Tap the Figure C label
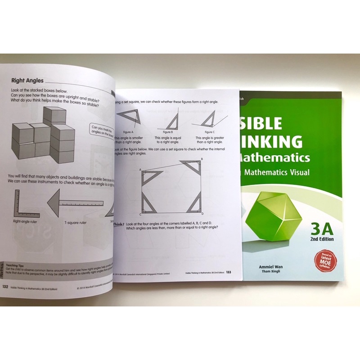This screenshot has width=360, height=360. pos(209,132)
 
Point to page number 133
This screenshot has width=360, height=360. pos(229,271)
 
